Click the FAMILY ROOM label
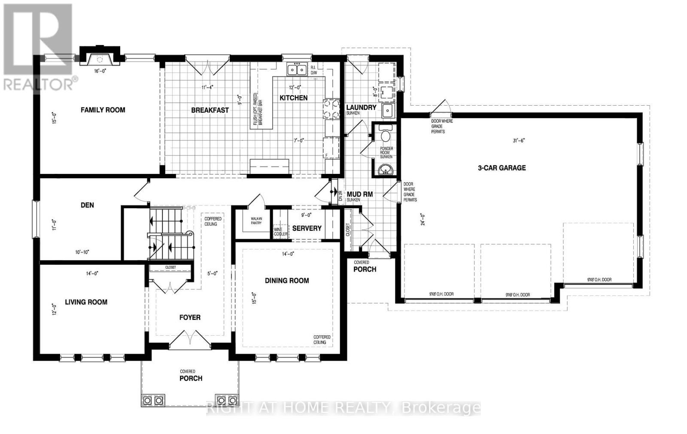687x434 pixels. click(x=103, y=110)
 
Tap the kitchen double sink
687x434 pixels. click(x=297, y=69)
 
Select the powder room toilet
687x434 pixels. click(x=385, y=135)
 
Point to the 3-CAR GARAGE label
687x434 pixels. click(x=502, y=168)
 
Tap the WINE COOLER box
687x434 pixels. click(x=281, y=231)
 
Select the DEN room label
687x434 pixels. click(x=87, y=205)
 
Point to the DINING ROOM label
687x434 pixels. click(x=287, y=281)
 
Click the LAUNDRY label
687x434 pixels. click(x=361, y=107)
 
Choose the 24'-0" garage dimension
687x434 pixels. click(x=423, y=219)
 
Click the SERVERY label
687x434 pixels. click(x=307, y=228)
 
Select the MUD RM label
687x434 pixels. click(x=359, y=194)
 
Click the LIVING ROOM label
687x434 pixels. click(x=86, y=302)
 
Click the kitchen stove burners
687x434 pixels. click(x=330, y=109)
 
